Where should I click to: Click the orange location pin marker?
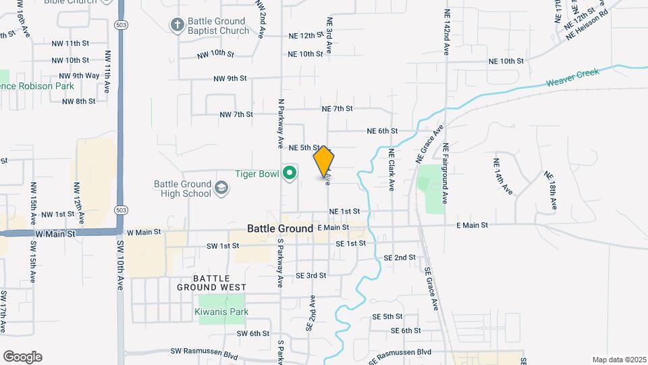324,162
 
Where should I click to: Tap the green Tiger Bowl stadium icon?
290,174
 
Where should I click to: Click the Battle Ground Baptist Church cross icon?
178,26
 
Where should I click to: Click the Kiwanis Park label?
221,312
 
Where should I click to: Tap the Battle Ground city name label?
280,228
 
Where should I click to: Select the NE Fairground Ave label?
446,174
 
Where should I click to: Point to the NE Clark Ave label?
391,170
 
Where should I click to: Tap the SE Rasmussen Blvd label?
400,352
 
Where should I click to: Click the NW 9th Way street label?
79,75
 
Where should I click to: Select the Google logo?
22,357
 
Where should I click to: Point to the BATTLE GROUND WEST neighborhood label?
221,283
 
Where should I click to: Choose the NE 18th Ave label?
551,191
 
